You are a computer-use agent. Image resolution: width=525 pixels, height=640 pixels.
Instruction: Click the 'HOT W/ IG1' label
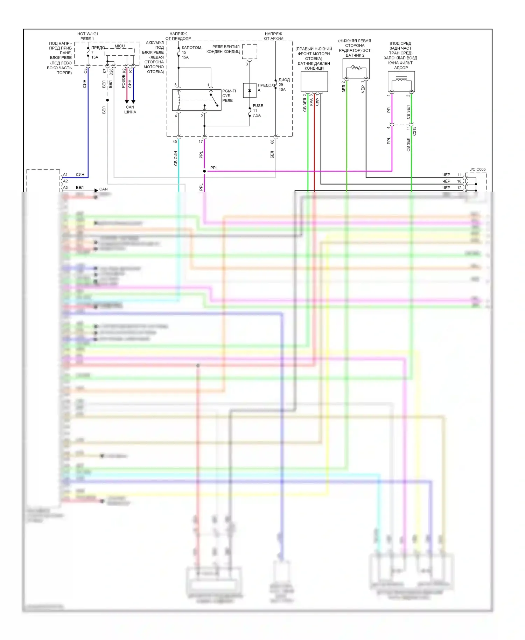(87, 34)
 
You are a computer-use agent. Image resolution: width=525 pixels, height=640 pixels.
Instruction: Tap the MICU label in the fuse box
(120, 46)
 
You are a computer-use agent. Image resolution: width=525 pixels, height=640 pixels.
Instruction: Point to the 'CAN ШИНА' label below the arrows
(130, 110)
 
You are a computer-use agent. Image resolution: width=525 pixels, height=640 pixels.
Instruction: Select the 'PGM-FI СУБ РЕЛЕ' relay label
(229, 96)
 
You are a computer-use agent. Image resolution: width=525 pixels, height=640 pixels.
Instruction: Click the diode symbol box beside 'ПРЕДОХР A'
(250, 90)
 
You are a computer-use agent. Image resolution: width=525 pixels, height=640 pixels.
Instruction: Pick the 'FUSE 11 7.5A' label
(258, 110)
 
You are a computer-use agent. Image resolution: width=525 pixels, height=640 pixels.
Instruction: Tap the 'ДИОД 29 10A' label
(283, 85)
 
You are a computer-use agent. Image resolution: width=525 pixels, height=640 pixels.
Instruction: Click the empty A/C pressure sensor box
(314, 82)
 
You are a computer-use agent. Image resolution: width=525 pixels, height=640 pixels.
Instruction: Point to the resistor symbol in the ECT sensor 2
(356, 67)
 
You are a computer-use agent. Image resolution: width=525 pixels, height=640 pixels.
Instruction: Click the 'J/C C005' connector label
(477, 169)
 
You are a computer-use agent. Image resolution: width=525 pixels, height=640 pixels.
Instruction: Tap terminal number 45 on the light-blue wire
(175, 142)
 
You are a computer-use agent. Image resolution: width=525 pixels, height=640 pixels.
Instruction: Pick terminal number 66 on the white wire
(272, 142)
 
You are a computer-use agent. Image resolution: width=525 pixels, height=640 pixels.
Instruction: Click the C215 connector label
(414, 131)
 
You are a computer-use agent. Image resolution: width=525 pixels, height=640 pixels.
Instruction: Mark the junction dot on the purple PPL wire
(204, 171)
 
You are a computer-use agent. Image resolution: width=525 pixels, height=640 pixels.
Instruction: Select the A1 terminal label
(65, 175)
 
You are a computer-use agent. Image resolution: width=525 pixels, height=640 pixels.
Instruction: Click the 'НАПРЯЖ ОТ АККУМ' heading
(274, 36)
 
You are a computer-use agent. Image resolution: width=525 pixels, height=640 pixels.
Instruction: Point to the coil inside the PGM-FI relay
(179, 100)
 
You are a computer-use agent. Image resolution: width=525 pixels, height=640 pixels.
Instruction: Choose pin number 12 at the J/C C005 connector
(459, 188)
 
